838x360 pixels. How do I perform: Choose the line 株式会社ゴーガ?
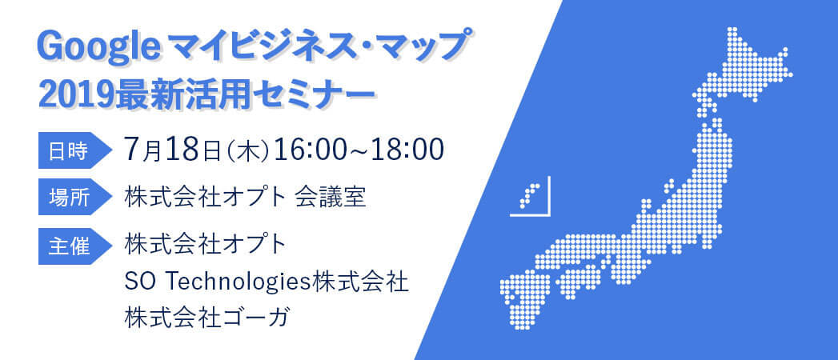(x=206, y=318)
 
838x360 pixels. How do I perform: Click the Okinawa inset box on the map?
(x=530, y=198)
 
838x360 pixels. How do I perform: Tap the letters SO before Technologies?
(x=139, y=282)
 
